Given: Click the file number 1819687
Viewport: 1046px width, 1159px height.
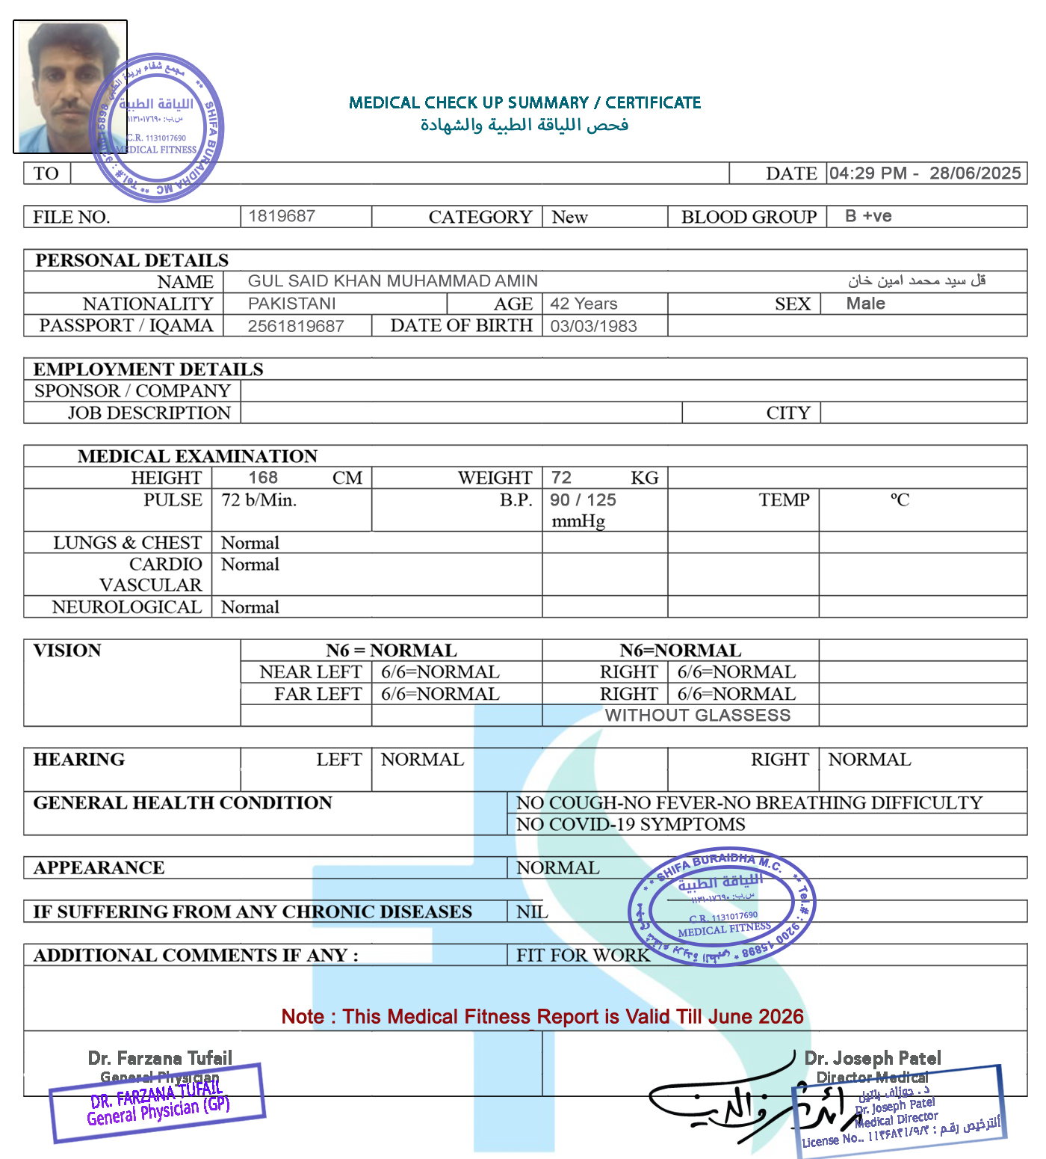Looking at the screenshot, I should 282,216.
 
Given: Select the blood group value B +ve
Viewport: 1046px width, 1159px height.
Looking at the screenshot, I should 868,216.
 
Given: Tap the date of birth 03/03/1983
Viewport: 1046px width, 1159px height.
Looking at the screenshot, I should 593,326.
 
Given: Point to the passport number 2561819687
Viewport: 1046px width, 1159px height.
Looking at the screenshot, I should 296,326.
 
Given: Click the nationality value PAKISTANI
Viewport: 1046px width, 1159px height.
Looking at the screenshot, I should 291,304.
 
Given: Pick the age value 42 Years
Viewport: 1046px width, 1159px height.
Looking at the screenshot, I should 584,304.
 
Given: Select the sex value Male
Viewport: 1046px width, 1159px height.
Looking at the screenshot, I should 865,304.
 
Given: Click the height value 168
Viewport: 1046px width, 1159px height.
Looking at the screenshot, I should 263,478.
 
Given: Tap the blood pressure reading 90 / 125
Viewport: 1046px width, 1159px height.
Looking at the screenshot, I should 583,500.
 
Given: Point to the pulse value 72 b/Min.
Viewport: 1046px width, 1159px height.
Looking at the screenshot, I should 259,500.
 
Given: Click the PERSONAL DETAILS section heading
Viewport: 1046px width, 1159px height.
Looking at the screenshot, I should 131,260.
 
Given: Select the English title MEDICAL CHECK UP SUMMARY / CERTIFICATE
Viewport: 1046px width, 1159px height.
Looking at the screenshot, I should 524,102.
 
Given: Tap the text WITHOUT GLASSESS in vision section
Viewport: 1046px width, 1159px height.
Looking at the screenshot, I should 697,716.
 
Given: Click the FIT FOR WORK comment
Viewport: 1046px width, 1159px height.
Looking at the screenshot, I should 583,955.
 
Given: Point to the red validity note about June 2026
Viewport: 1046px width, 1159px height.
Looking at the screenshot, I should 542,1017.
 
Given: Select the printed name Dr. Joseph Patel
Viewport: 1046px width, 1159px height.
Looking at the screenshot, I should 872,1058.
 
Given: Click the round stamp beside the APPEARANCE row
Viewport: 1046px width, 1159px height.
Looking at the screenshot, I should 722,906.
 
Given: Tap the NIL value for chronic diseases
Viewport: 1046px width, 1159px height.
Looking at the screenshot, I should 532,911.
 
